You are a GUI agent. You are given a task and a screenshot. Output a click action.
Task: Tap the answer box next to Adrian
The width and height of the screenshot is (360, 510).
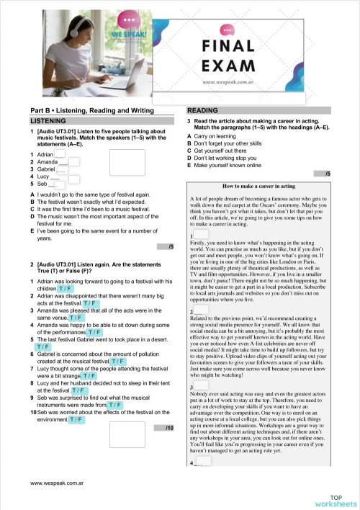60,153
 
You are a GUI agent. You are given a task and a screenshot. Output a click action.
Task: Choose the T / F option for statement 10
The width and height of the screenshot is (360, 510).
77,419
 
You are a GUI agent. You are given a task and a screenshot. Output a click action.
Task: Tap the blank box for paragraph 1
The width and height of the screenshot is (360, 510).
201,234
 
